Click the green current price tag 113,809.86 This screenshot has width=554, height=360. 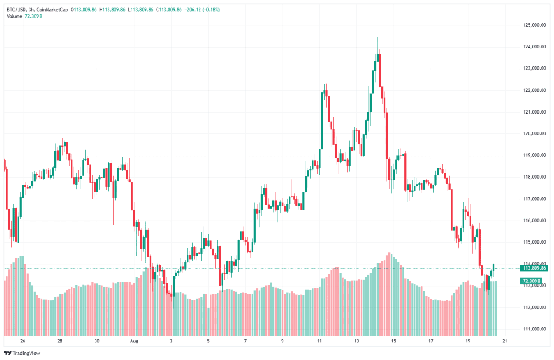click(x=534, y=268)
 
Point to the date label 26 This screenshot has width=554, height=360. click(x=22, y=342)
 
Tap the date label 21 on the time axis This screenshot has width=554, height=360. click(x=505, y=342)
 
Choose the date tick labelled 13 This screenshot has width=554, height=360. click(x=356, y=342)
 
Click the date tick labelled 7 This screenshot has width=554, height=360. click(x=245, y=342)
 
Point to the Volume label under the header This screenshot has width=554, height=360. click(x=15, y=17)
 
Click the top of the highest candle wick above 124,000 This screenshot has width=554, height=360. click(x=378, y=38)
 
